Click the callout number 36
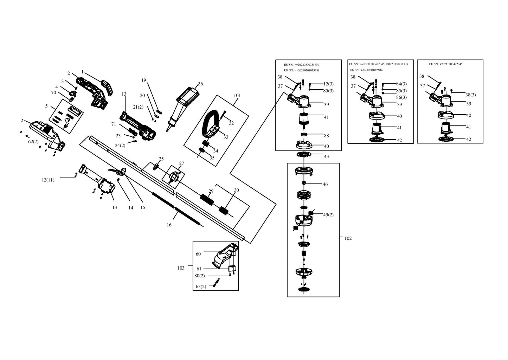point(200,84)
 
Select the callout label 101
point(237,96)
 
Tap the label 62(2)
point(33,142)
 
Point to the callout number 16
point(169,225)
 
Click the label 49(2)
point(328,214)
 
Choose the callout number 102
point(348,238)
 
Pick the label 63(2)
point(201,287)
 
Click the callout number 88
point(326,136)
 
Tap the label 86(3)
point(401,97)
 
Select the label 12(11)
point(48,180)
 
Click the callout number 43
point(326,156)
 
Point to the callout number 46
point(325,185)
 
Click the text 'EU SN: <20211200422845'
point(446,64)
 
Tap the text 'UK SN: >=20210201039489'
point(302,70)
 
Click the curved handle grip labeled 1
point(107,88)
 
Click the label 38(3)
point(471,95)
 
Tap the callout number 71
point(114,124)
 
